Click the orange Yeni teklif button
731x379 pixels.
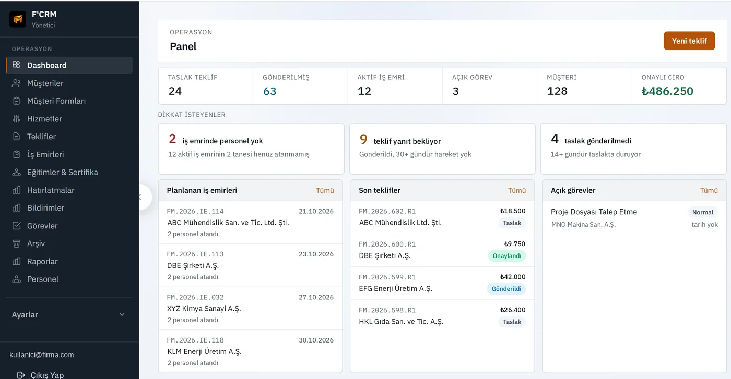(x=689, y=41)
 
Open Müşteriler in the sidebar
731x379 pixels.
(x=45, y=83)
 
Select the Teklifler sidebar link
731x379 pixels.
(x=41, y=137)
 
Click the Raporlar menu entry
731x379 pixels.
(x=42, y=261)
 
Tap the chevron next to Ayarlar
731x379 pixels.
(x=122, y=315)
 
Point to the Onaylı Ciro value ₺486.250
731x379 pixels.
(x=667, y=91)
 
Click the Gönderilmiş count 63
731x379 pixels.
(x=269, y=91)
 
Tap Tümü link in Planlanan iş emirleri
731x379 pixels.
(x=325, y=190)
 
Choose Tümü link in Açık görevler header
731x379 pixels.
(x=709, y=190)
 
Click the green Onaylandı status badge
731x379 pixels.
(x=507, y=256)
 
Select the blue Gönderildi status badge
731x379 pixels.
(x=506, y=289)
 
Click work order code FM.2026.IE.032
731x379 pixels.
(x=195, y=297)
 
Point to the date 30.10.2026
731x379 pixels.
(x=316, y=340)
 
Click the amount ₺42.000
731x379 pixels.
(x=513, y=277)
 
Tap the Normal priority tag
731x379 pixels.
(x=703, y=212)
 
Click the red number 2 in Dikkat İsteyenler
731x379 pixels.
(x=172, y=139)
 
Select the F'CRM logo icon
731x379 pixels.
(x=18, y=19)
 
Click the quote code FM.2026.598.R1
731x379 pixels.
(x=387, y=310)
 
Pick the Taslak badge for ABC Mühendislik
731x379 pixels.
(x=512, y=223)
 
